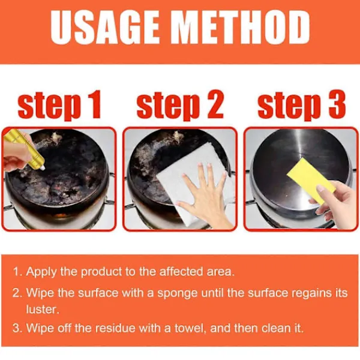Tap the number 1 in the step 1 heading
[94, 104]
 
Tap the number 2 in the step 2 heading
[214, 104]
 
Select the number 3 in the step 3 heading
[337, 104]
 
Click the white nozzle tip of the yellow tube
[43, 168]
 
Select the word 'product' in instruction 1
[101, 272]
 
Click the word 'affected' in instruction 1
[181, 272]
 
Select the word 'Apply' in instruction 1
[41, 272]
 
